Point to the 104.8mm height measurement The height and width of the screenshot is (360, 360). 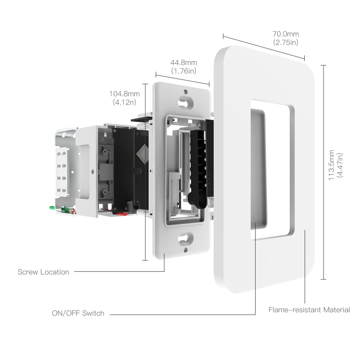pos(124,94)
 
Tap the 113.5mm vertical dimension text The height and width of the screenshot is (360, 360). pos(332,165)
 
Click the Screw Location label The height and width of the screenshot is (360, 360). pos(43,272)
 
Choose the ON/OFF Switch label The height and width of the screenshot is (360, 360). pos(78,313)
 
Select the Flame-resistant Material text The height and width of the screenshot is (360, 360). pos(309,310)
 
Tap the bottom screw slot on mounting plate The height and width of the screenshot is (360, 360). pos(184,238)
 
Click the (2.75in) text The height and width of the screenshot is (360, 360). pos(285,42)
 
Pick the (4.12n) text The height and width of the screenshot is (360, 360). pos(124,103)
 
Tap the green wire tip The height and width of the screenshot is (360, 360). pos(52,208)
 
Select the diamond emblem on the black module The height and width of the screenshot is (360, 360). pos(143,154)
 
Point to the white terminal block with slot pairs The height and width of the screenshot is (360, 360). pos(62,173)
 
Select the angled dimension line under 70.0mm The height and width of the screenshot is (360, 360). pos(264,47)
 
